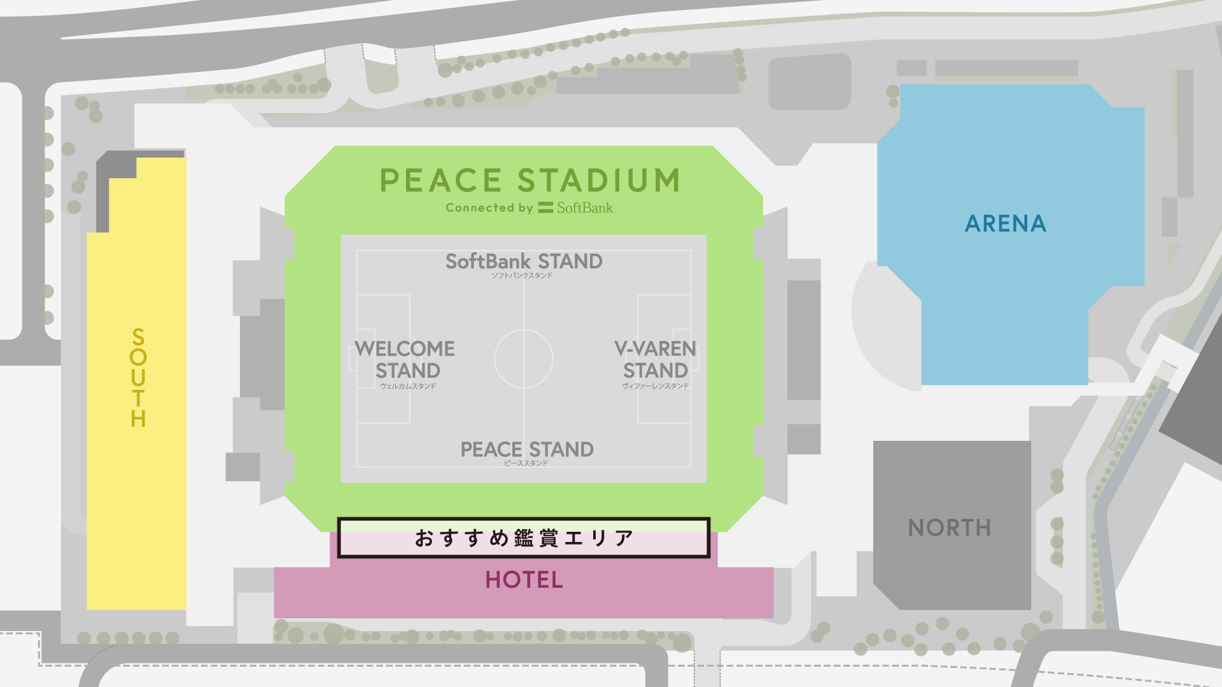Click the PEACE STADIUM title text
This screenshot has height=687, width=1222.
pyautogui.click(x=530, y=181)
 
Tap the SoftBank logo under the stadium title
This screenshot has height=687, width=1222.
pyautogui.click(x=576, y=208)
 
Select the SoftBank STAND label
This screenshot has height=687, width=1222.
pyautogui.click(x=524, y=261)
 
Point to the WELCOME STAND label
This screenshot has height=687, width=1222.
pyautogui.click(x=405, y=359)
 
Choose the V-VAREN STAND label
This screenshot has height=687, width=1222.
pyautogui.click(x=656, y=359)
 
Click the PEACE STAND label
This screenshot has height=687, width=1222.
pyautogui.click(x=527, y=450)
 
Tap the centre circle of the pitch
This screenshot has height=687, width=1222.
pyautogui.click(x=524, y=359)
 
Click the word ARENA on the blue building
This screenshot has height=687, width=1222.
pyautogui.click(x=1006, y=224)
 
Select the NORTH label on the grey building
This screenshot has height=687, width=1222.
pyautogui.click(x=950, y=528)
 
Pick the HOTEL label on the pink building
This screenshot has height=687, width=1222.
pyautogui.click(x=524, y=580)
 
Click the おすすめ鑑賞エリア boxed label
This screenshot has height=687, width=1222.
pyautogui.click(x=524, y=538)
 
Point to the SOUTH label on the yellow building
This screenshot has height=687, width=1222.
pyautogui.click(x=138, y=378)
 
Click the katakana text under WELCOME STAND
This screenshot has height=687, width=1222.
pyautogui.click(x=408, y=386)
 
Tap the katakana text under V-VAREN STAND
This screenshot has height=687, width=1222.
pyautogui.click(x=656, y=386)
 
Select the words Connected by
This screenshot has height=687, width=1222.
pyautogui.click(x=489, y=208)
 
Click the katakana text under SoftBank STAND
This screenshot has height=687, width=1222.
pyautogui.click(x=522, y=275)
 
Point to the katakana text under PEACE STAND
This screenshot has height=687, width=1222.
pyautogui.click(x=526, y=463)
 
